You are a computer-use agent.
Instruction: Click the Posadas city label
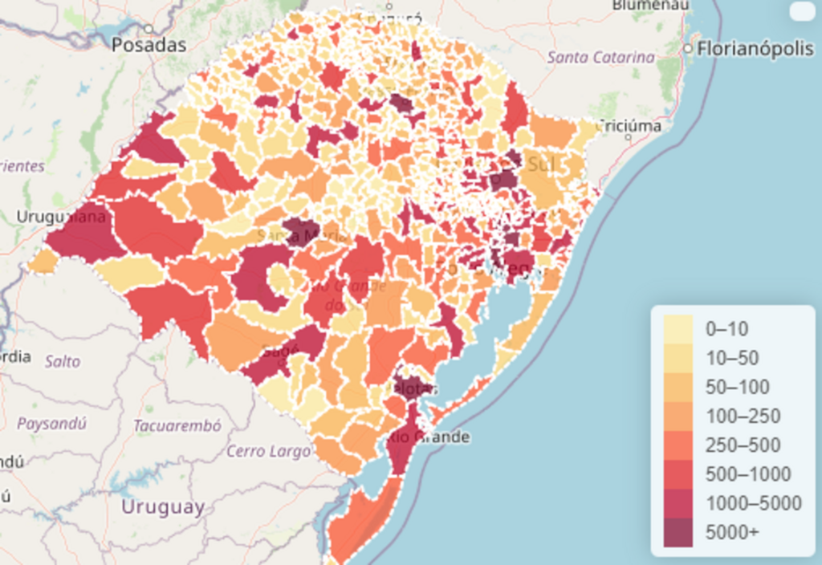coord(149,45)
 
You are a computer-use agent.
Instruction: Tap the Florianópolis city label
coord(755,49)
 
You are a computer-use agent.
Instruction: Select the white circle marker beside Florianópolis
coord(688,49)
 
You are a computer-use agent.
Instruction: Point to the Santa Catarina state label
coord(600,58)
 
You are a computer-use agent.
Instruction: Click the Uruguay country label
coord(163,507)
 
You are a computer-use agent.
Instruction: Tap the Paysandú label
coord(51,423)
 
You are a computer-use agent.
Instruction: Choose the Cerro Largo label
coord(268,451)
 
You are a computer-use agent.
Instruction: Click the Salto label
coord(63,361)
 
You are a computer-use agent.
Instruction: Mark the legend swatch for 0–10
coord(679,328)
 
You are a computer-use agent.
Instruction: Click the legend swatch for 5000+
coord(679,531)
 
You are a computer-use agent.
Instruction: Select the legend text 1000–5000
coord(753,503)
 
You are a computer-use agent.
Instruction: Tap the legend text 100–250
coord(743,416)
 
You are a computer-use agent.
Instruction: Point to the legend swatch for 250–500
coord(679,445)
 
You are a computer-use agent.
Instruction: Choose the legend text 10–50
coord(731,358)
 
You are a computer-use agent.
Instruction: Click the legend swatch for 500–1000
coord(679,474)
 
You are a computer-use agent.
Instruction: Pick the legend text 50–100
coord(737,387)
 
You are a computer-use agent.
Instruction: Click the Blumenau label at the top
coord(650,5)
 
